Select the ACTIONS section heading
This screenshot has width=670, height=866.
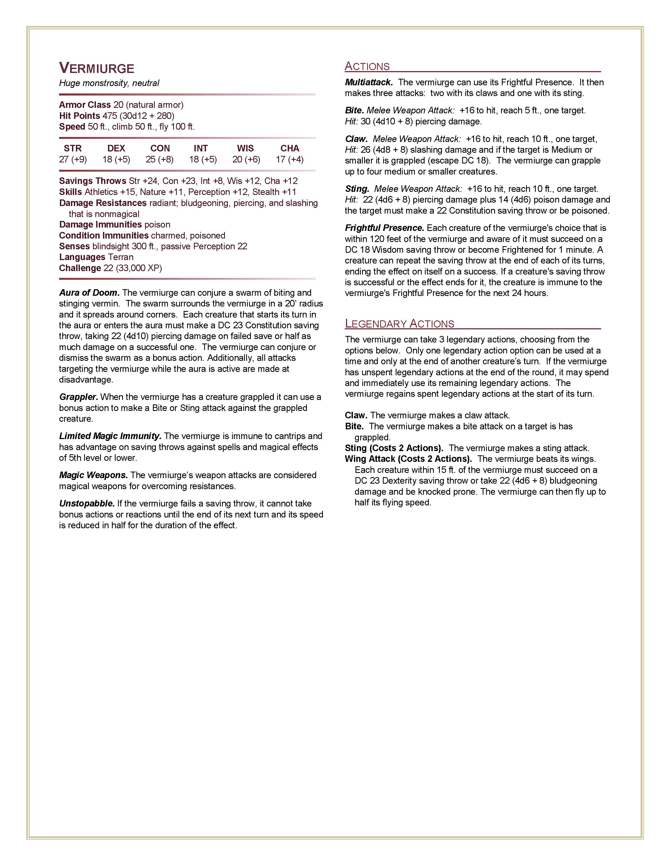click(367, 66)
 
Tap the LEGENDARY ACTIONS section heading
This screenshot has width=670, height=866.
click(399, 324)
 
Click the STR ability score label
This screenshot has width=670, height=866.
click(73, 148)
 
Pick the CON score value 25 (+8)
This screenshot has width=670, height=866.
click(159, 159)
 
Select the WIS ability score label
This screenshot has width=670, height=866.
click(245, 148)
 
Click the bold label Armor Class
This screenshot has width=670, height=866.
click(85, 105)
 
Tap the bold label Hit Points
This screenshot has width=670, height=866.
click(79, 116)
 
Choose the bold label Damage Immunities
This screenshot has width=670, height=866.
click(100, 224)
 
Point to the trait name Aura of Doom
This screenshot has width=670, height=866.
click(89, 293)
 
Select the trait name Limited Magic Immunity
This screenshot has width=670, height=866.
click(110, 436)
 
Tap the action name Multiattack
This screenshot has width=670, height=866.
click(369, 82)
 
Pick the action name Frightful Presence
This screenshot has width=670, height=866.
click(384, 228)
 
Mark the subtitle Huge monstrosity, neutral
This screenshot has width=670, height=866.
click(109, 83)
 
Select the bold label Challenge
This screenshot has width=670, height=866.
click(80, 268)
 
